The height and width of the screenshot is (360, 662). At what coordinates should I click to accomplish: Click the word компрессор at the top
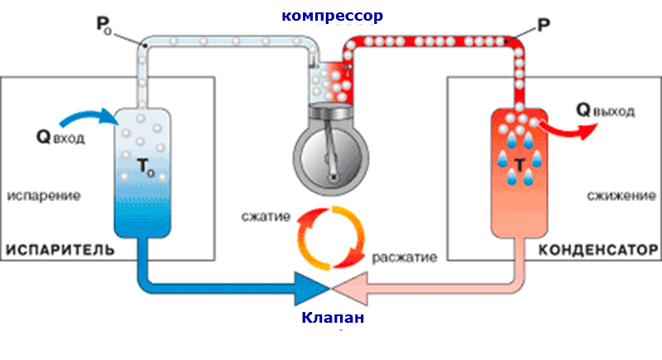coord(333,16)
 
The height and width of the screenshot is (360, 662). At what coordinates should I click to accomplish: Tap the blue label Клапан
coord(333,317)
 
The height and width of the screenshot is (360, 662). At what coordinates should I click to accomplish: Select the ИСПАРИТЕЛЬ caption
coord(60,250)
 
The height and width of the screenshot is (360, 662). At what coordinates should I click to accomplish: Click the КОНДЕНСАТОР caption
coord(598,250)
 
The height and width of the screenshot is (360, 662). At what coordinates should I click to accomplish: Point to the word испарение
coord(44,196)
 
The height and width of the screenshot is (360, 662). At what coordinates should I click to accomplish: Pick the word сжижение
coord(621,195)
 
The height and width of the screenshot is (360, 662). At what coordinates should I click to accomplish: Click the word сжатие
coord(266,217)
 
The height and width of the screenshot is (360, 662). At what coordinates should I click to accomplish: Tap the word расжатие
coord(404,257)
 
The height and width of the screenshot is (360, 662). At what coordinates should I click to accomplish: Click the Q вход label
coord(60,137)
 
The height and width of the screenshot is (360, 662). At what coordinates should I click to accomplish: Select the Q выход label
coord(605,110)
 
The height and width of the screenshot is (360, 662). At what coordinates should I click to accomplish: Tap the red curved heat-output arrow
coord(570,129)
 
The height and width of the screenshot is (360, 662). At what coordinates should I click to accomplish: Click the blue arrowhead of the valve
coord(312,289)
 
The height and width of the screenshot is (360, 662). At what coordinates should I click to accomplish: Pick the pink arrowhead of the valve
coord(350,289)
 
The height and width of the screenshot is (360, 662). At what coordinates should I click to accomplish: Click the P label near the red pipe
coord(544,26)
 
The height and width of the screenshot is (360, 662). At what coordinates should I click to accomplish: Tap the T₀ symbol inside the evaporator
coord(146,166)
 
